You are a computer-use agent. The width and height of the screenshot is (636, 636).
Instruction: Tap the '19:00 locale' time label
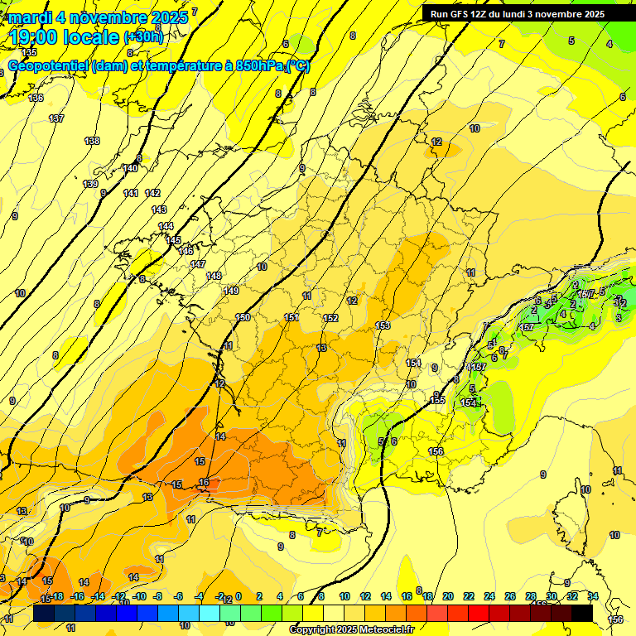[x=64, y=36]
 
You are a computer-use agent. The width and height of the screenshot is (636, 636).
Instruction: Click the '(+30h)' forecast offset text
[x=143, y=36]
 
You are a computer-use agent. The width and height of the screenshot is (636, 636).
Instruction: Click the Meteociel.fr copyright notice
[x=351, y=629]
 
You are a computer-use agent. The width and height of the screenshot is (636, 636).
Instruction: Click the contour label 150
[x=243, y=318]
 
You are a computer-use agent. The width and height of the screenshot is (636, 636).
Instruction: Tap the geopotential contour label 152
[x=330, y=318]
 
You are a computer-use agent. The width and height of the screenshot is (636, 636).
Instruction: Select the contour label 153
[x=383, y=325]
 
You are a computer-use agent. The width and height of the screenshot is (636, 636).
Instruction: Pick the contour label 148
[x=214, y=276]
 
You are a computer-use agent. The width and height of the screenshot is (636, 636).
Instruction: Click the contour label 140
[x=130, y=168]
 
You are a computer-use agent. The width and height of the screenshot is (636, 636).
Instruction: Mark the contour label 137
[x=56, y=119]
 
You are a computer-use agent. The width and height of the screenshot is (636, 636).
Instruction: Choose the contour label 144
[x=166, y=226]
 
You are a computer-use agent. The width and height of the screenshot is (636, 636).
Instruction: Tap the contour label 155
[x=438, y=401]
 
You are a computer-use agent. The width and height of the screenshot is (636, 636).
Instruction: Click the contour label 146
[x=185, y=251]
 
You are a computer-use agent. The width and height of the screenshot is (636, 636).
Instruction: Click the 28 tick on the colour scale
[x=530, y=596]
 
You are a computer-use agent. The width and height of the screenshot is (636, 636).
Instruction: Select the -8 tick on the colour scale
[x=157, y=596]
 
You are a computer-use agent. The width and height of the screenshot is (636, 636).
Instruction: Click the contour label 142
[x=152, y=193]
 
